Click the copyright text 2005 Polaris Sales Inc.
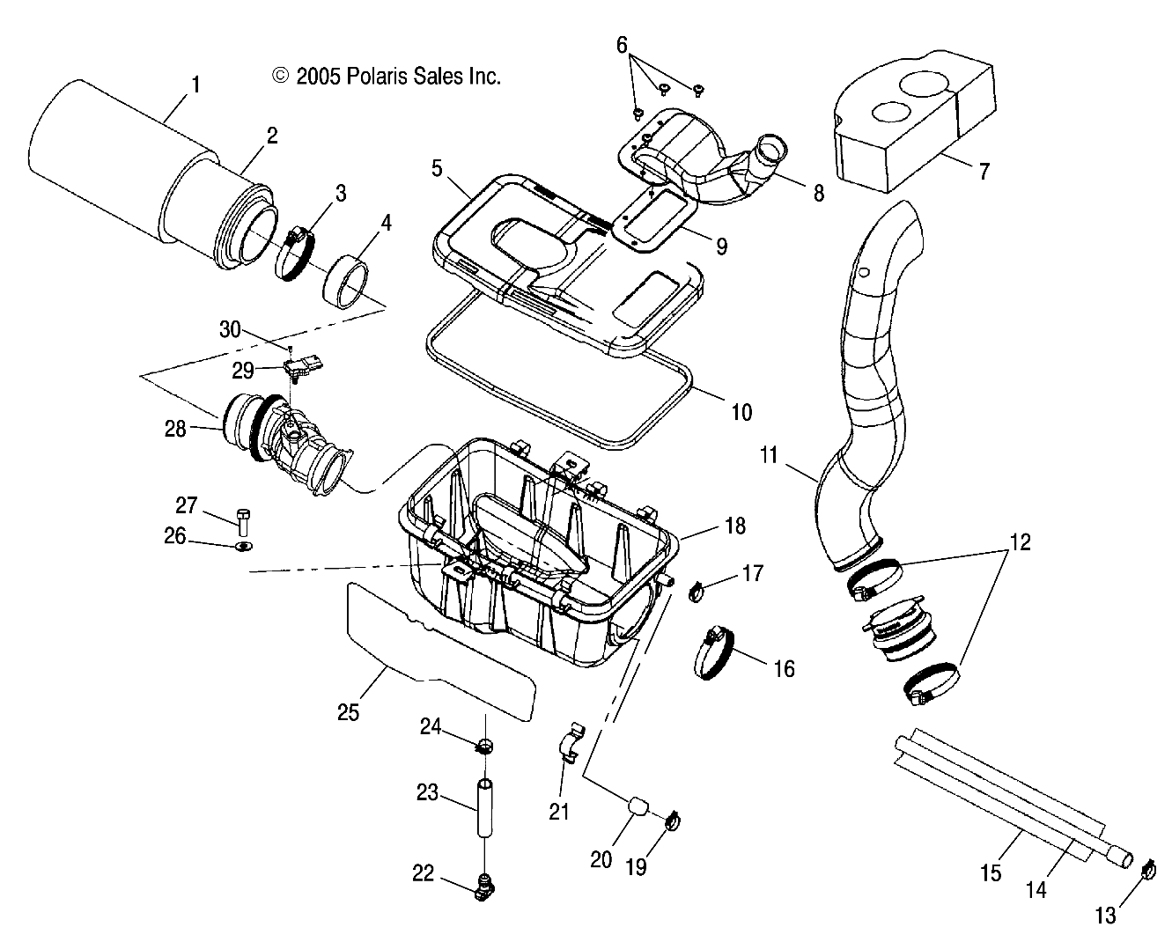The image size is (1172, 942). [387, 77]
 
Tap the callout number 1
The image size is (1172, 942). [195, 85]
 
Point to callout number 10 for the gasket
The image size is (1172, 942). [741, 411]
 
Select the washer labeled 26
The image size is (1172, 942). [244, 547]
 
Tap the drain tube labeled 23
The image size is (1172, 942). [484, 806]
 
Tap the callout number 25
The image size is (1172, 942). [349, 711]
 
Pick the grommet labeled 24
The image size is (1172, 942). [483, 748]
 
